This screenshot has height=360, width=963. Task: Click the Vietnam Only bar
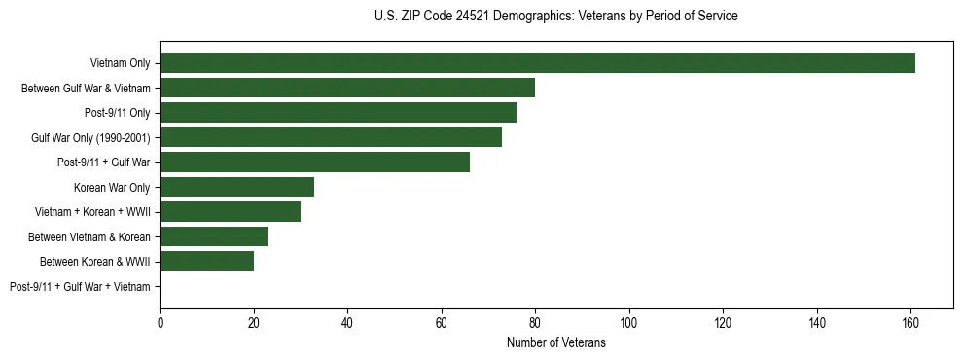point(537,63)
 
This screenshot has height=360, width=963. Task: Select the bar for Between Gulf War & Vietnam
point(347,89)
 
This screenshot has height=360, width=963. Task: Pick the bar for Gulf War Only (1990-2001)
point(331,138)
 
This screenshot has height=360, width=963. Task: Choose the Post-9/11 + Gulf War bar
point(314,162)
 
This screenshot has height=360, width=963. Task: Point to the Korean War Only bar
point(236,187)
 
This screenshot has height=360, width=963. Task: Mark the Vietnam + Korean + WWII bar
point(230,212)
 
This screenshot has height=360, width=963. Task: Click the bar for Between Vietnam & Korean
point(213,236)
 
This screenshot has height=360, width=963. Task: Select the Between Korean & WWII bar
point(206,261)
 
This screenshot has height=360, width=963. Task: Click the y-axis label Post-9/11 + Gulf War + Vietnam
point(80,286)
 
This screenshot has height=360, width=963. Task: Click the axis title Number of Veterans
point(556,342)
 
